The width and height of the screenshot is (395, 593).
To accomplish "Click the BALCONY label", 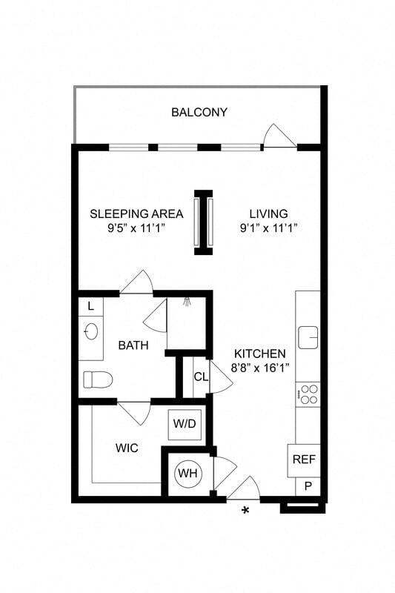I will point(199,113).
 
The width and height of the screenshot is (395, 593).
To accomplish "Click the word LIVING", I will point(268,214).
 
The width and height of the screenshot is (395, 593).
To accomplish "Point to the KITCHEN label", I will point(260,354).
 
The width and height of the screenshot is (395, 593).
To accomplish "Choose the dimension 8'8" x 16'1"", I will point(260,367).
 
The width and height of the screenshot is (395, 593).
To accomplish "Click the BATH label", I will point(133,345).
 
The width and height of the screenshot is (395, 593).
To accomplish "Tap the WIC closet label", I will point(127,448).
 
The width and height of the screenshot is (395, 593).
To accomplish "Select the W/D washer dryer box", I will point(185,425).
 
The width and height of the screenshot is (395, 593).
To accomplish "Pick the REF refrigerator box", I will point(304,460).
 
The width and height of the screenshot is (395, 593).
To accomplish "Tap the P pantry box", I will point(308,486).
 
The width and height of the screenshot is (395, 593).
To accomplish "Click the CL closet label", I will point(201,377).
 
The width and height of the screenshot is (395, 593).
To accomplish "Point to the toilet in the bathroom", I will point(97,380).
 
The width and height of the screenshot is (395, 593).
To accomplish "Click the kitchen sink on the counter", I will point(308,337).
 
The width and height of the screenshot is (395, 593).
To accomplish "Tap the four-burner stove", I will point(308,394).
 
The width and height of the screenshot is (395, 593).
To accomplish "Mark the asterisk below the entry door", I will point(246,511).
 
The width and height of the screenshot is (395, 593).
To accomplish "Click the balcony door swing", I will point(280,136).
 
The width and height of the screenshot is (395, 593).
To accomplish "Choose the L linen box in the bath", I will point(90,306).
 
